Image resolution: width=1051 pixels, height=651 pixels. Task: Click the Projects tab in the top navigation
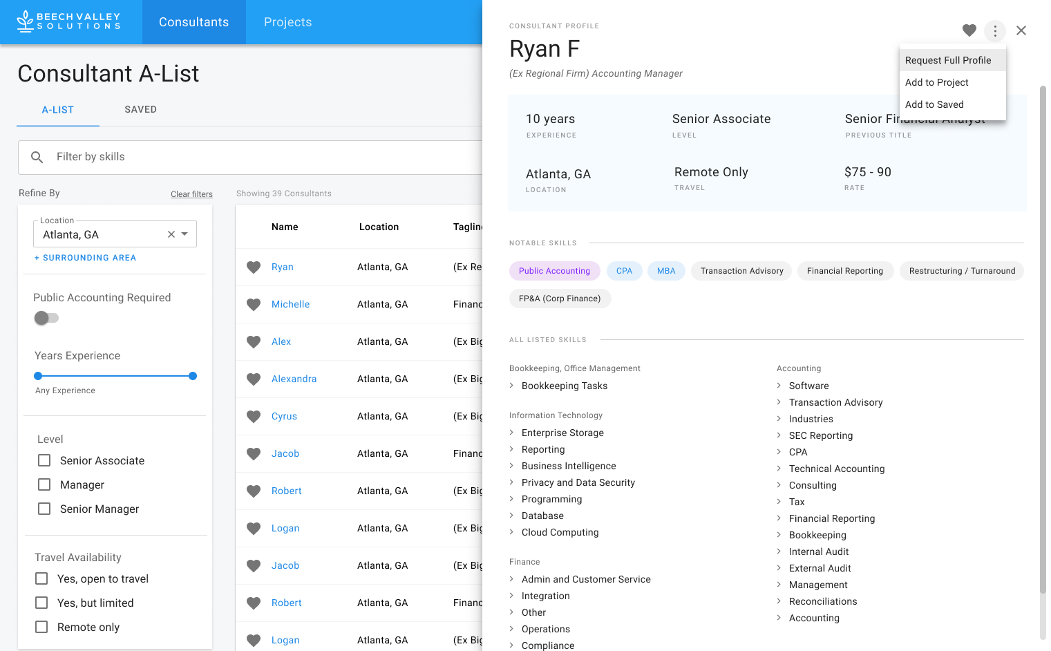287,22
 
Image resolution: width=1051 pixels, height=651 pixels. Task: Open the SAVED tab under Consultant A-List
140,109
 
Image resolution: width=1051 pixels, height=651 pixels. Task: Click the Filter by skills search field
263,157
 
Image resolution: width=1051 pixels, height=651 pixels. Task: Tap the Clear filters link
191,194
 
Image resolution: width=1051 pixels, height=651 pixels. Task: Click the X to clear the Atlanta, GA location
171,234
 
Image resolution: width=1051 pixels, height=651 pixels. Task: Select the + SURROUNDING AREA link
86,258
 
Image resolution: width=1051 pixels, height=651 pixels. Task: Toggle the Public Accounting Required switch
46,318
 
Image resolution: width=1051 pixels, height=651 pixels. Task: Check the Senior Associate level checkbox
44,460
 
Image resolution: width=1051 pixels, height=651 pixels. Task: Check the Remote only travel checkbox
41,627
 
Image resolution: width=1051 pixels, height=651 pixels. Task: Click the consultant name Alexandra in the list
294,379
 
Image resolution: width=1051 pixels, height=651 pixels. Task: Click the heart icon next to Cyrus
254,417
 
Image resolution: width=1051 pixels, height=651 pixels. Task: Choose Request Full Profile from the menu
948,60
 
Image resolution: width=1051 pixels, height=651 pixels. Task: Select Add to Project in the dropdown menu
936,82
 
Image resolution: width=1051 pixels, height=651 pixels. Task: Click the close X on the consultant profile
1021,30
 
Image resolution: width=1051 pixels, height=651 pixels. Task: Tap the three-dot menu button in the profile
994,30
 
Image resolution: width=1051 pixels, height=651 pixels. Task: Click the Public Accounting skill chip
554,271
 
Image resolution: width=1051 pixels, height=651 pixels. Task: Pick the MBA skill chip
666,271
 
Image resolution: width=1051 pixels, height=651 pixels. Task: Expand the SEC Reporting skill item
820,435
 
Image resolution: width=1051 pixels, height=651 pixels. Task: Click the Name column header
285,227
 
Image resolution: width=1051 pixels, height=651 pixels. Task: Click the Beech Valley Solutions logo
69,21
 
